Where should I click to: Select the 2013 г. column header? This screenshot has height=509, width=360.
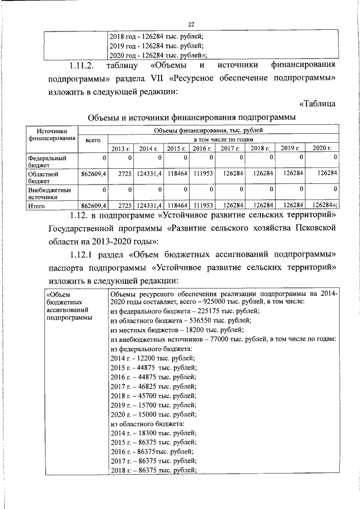(x=119, y=148)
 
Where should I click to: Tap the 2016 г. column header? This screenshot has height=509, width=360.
(x=202, y=148)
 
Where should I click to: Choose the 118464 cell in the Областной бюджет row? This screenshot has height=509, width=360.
(x=177, y=174)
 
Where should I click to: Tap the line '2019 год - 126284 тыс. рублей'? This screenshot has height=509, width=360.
(x=156, y=46)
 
